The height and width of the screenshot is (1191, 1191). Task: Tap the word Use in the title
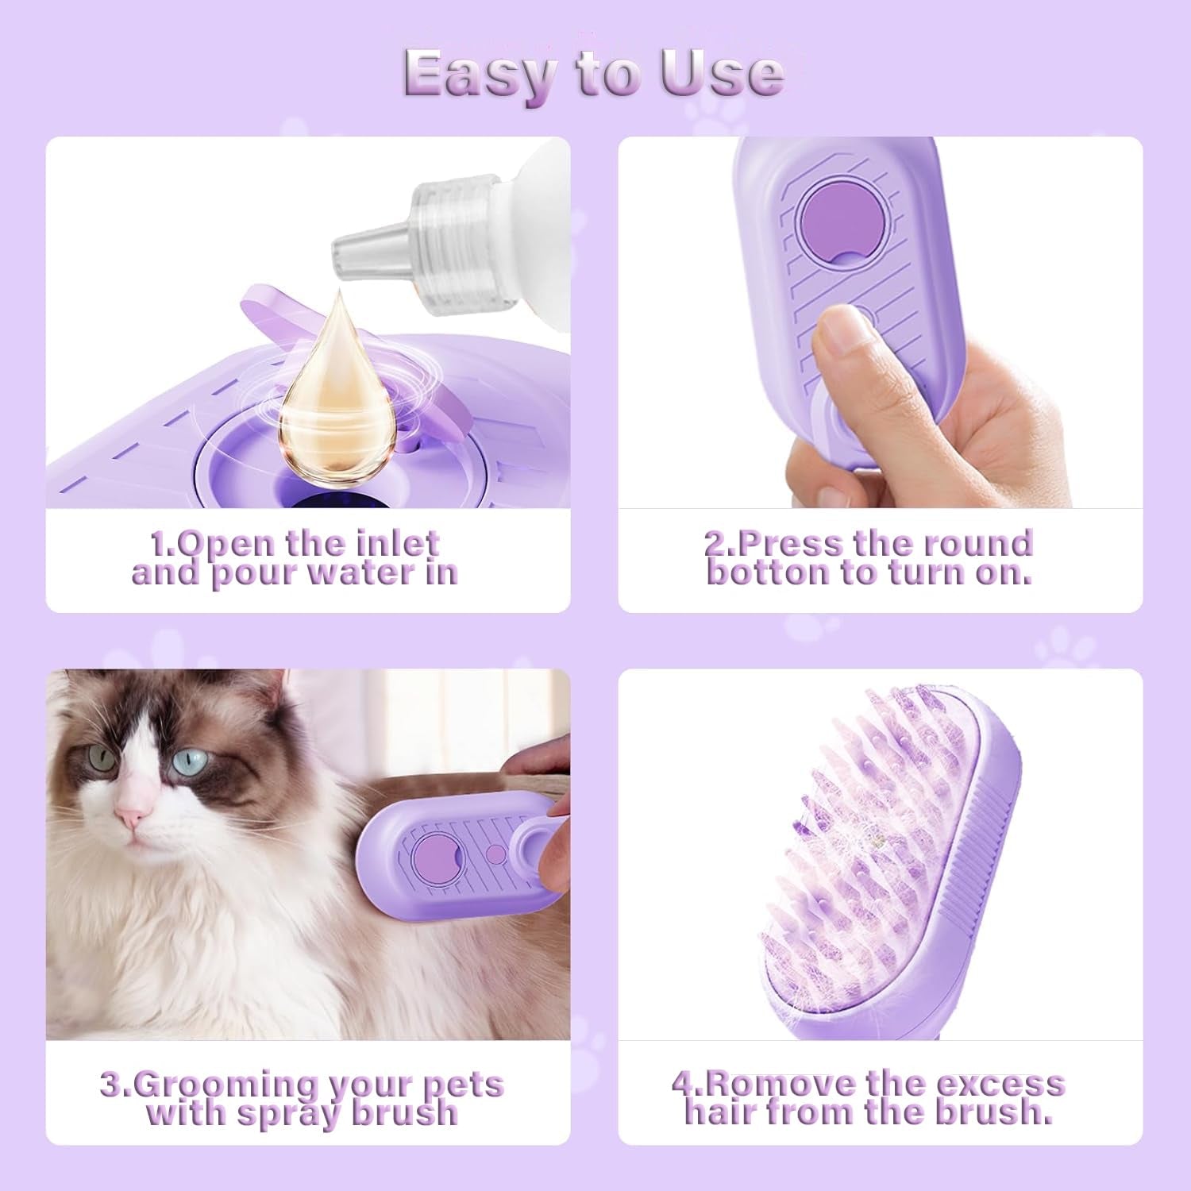(721, 74)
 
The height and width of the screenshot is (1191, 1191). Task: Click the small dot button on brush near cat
(495, 854)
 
